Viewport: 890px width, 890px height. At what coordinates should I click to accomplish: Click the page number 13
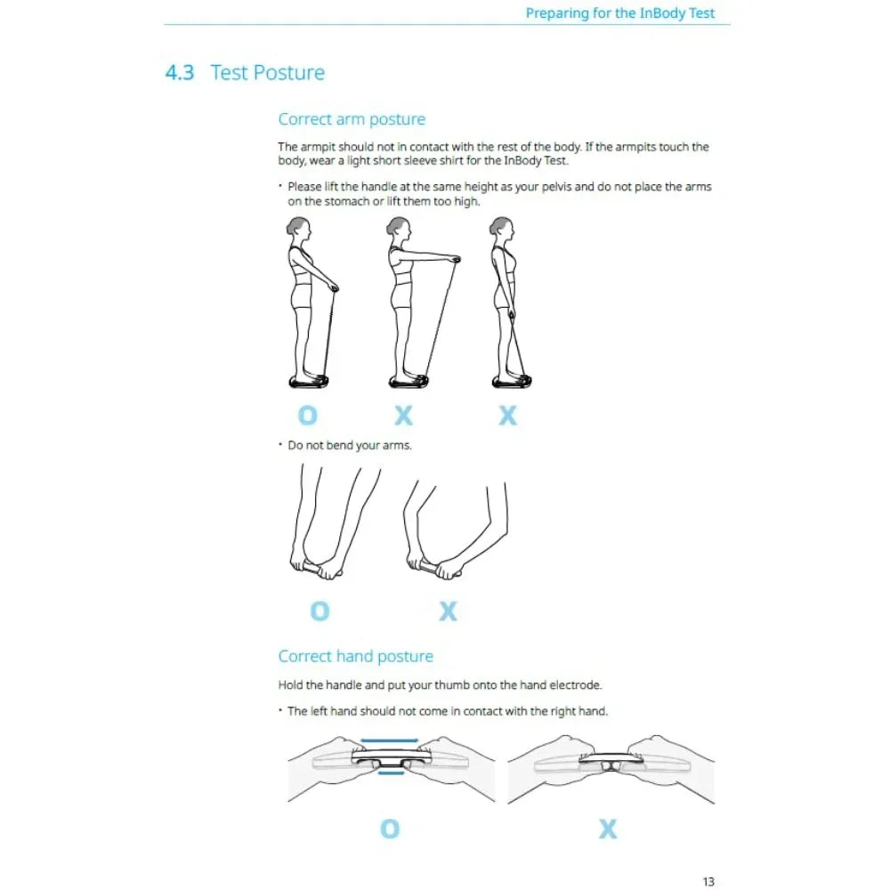708,881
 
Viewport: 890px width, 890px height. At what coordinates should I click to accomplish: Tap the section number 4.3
180,73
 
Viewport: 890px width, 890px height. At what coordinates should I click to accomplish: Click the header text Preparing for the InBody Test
620,13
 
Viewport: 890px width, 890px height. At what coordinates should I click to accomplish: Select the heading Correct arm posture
352,119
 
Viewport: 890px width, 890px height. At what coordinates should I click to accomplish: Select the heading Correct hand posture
355,657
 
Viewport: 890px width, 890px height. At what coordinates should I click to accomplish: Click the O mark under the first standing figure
308,416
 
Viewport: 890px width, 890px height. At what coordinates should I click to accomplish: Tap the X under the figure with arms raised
404,416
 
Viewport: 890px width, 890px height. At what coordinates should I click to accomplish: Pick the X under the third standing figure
508,416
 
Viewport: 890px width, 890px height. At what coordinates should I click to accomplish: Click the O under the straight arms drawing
320,611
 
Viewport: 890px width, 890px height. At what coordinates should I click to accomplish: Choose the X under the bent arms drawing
449,611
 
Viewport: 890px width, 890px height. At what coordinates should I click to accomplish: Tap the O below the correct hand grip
390,829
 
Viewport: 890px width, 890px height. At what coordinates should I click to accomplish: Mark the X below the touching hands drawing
608,829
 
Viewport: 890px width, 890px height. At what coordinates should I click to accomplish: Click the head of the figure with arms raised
398,228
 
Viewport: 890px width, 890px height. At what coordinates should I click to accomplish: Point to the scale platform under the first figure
309,381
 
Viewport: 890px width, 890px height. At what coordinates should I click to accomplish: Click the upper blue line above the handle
389,740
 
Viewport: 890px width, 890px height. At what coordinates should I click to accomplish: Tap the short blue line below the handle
390,773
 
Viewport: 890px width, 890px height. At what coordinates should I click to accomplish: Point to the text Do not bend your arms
350,445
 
